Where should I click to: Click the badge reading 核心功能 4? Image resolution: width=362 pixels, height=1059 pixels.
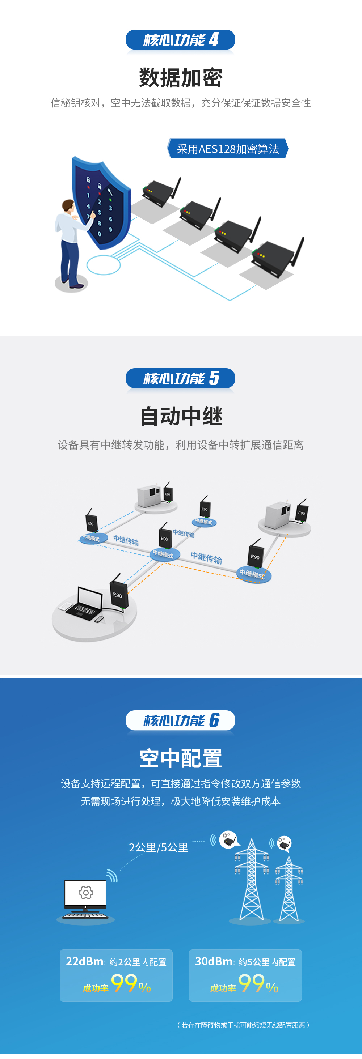(x=180, y=40)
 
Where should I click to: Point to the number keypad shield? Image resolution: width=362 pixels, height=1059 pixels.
(x=100, y=204)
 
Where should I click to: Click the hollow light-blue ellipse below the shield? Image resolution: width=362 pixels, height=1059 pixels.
(x=104, y=265)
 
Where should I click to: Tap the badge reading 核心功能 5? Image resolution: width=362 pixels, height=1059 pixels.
(x=180, y=378)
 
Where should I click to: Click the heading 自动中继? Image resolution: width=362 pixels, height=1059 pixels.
(x=181, y=416)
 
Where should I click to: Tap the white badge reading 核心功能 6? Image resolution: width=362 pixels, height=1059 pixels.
(x=180, y=720)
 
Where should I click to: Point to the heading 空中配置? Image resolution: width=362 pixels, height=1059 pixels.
(x=181, y=758)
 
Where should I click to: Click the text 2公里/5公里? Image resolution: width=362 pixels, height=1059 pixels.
(x=159, y=847)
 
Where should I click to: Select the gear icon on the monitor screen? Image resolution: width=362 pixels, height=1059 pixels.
(x=85, y=893)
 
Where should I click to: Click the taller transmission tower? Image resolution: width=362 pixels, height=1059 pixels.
(x=251, y=880)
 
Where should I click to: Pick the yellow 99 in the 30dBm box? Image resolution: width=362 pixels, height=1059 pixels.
(x=251, y=984)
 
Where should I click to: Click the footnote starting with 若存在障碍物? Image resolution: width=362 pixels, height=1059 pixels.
(x=243, y=1025)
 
